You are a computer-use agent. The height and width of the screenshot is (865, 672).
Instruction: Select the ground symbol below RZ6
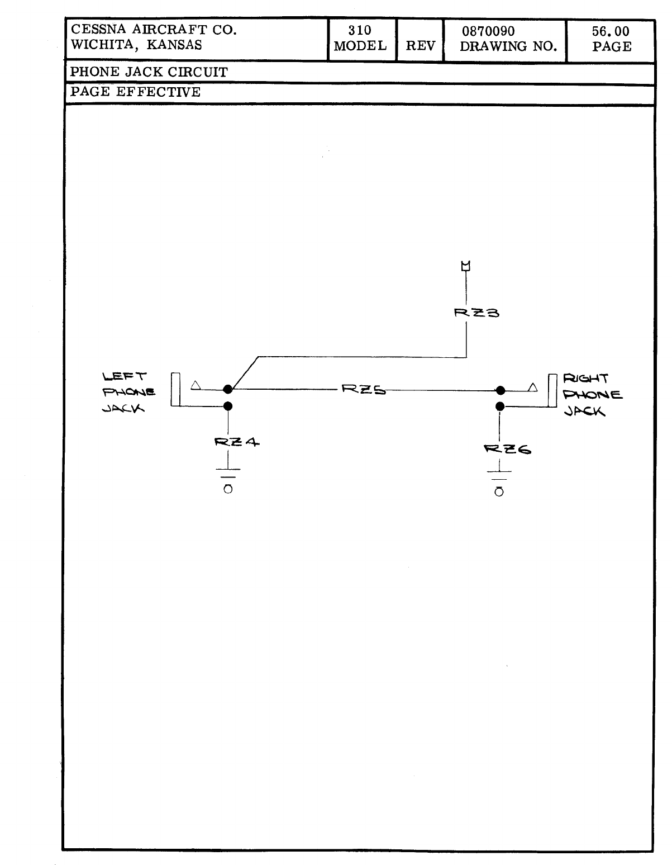pos(499,481)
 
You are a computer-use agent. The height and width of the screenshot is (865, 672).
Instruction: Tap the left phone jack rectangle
pos(176,389)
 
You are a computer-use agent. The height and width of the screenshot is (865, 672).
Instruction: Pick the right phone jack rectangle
pos(552,391)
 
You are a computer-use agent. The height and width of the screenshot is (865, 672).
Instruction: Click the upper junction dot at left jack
pos(228,389)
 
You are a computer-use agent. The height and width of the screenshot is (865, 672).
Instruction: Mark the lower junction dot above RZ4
pos(228,406)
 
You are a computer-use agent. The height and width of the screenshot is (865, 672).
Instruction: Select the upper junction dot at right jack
pos(501,390)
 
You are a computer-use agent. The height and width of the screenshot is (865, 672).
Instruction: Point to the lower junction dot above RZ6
pos(501,406)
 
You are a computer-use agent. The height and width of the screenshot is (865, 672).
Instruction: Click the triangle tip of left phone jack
pos(196,385)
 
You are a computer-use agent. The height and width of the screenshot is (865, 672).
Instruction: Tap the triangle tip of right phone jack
pos(533,386)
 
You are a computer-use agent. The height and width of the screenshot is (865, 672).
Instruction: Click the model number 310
pos(360,31)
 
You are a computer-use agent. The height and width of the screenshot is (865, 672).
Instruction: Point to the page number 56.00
pos(611,31)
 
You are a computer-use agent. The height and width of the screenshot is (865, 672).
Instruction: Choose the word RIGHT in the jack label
pos(586,379)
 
